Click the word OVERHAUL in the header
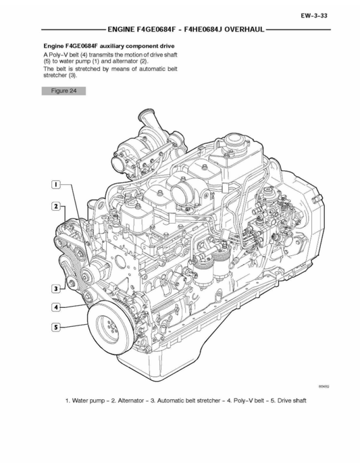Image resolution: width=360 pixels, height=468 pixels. (x=243, y=30)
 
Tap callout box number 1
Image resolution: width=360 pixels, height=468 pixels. (x=57, y=184)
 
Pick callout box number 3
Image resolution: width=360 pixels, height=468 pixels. (x=57, y=289)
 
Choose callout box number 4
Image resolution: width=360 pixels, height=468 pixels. (x=57, y=307)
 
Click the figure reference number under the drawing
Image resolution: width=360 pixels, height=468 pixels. (x=324, y=386)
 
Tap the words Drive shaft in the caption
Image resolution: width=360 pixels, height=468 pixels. (x=289, y=401)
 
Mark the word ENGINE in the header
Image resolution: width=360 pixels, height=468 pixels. (x=122, y=30)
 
